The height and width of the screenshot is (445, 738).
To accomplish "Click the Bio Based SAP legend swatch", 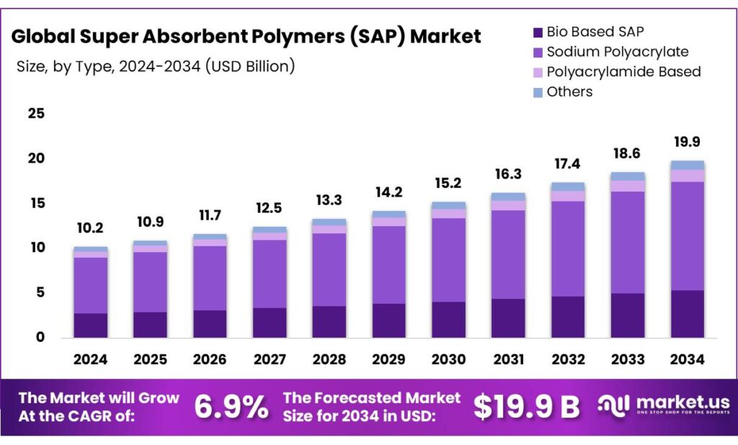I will (x=537, y=32).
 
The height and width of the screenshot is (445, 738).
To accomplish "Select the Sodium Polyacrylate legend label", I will (x=617, y=52).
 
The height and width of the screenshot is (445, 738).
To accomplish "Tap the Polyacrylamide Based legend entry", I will (x=623, y=72).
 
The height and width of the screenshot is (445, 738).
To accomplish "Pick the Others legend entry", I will (x=569, y=91).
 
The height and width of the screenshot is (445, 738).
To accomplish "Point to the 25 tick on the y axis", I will (x=36, y=114).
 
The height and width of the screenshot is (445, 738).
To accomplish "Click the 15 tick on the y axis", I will (x=36, y=203).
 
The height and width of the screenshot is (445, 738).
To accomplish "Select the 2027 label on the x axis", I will (x=270, y=359).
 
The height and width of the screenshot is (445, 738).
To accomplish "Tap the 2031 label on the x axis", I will (x=509, y=359).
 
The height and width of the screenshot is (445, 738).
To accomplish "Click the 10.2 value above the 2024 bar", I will (x=90, y=228).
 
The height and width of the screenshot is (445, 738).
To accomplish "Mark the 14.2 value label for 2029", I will (x=389, y=192).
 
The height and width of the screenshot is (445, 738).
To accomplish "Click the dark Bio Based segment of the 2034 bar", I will (x=688, y=314).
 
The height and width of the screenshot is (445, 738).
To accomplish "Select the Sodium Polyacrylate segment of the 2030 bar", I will (x=449, y=259).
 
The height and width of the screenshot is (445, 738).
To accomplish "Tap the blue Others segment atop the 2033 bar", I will (x=628, y=176).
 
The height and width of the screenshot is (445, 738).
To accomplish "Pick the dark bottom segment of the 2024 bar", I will (x=90, y=325).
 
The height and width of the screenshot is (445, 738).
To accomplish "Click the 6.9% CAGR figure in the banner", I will (x=231, y=408).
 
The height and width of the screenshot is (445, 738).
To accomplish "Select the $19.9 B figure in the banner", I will (x=526, y=408).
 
